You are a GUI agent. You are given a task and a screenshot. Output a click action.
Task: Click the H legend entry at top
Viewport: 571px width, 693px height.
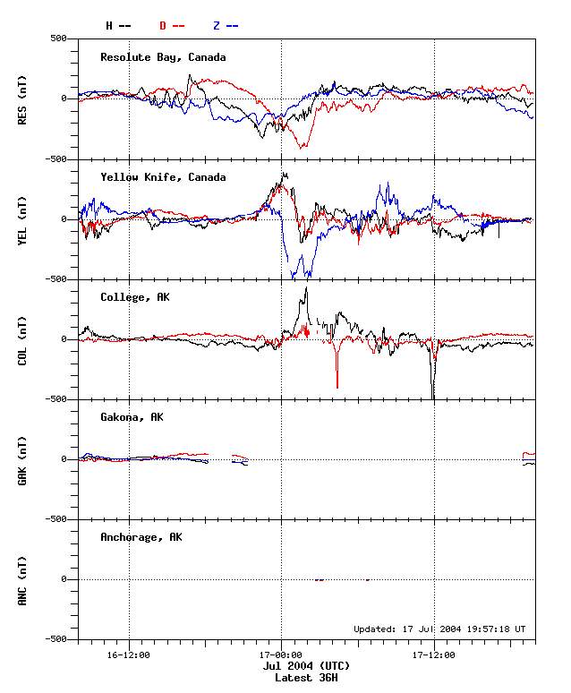(118, 25)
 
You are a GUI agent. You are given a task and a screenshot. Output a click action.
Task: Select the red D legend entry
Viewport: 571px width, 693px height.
(172, 25)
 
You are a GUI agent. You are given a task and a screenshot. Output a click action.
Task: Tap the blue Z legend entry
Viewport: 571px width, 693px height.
(226, 25)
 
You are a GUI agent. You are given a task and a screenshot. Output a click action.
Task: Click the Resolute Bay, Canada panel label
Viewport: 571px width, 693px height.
(163, 57)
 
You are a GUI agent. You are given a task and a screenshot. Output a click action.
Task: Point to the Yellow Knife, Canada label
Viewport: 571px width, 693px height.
(163, 177)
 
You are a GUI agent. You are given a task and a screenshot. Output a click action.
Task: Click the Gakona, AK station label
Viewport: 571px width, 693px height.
(132, 417)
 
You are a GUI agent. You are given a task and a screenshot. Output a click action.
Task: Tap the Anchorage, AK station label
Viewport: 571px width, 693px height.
(141, 537)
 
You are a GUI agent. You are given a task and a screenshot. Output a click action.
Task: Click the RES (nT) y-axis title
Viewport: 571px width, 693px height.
(23, 98)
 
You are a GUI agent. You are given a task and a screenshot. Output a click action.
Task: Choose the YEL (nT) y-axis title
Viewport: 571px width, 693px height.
(23, 218)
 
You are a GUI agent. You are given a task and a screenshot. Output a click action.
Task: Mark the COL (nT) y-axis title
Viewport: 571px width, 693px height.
(23, 338)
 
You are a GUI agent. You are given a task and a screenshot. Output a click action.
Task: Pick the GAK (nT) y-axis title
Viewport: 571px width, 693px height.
(23, 458)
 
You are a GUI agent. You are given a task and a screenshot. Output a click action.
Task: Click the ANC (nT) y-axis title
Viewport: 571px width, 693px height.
(23, 578)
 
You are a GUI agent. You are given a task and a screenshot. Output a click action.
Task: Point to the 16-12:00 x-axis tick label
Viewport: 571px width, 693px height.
(129, 654)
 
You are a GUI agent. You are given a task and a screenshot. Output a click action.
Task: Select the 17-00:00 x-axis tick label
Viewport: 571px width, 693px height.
(282, 654)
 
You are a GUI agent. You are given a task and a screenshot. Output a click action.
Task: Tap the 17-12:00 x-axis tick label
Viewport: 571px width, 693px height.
(434, 654)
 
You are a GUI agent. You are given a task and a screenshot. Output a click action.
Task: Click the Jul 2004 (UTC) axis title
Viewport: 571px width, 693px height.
(306, 666)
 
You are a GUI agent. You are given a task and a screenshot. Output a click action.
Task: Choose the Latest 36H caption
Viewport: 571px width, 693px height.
(306, 678)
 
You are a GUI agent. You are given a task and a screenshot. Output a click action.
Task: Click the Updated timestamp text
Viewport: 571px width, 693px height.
(439, 629)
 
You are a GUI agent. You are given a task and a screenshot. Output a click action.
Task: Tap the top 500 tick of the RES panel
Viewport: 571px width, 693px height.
(58, 38)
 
